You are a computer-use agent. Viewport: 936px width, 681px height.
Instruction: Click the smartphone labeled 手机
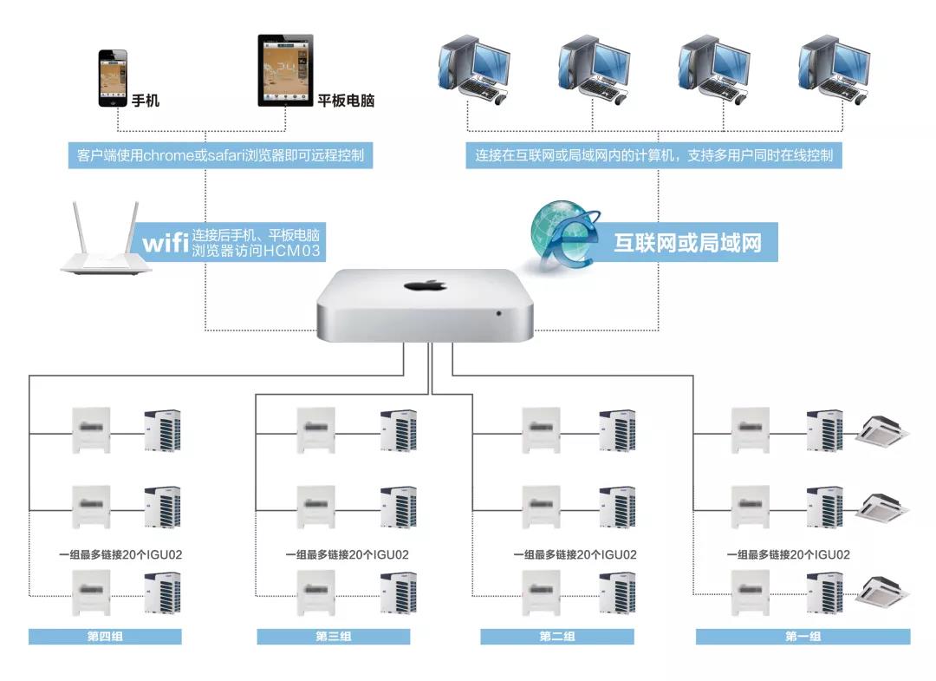pos(113,77)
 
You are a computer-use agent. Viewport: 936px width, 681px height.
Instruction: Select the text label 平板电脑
pos(346,101)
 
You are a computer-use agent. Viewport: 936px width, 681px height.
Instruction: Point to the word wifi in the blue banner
pos(166,243)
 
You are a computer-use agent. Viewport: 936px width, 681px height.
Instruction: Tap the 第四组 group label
pos(105,637)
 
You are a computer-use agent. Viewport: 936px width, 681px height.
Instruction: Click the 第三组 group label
pos(333,637)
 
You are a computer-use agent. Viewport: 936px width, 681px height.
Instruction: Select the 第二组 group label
pos(557,637)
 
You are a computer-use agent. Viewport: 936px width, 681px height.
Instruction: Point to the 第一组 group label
pos(803,637)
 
